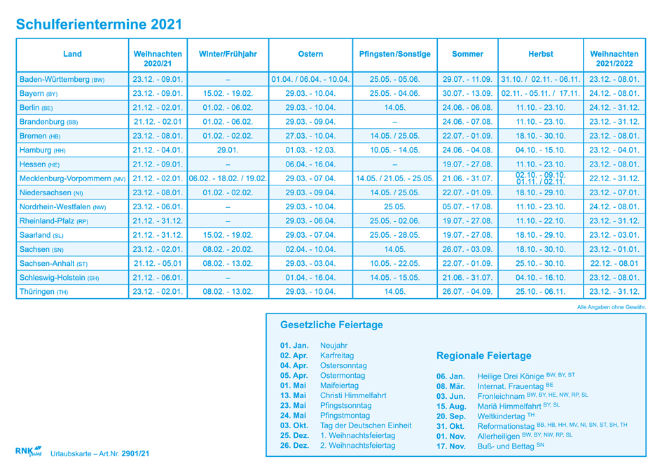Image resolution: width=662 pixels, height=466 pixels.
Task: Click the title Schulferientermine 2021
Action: click(99, 24)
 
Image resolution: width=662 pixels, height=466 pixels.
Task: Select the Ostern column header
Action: click(310, 54)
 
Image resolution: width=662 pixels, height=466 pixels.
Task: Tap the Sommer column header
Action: click(467, 54)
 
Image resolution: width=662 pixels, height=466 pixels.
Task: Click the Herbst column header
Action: click(540, 54)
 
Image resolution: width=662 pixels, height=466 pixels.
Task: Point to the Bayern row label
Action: click(39, 94)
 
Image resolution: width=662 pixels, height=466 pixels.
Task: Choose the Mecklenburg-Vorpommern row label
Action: click(72, 179)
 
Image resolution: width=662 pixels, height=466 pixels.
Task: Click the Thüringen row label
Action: click(43, 292)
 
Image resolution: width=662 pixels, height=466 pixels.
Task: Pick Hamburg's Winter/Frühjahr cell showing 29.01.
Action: click(228, 150)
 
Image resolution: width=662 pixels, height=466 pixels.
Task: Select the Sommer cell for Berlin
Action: click(467, 108)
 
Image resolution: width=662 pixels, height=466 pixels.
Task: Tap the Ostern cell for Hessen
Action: click(310, 164)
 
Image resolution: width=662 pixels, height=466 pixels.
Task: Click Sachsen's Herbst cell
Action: click(540, 249)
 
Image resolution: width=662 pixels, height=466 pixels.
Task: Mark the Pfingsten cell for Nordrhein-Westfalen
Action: click(395, 207)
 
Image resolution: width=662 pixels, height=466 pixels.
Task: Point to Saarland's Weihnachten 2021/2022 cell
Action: click(614, 235)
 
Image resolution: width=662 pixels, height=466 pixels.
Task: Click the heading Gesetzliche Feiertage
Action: click(331, 325)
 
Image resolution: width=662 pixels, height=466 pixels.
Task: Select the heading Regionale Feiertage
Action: click(483, 356)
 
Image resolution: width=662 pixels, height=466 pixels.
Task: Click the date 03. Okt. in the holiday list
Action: click(294, 425)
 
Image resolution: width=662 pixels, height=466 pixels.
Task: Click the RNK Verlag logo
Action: click(28, 451)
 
